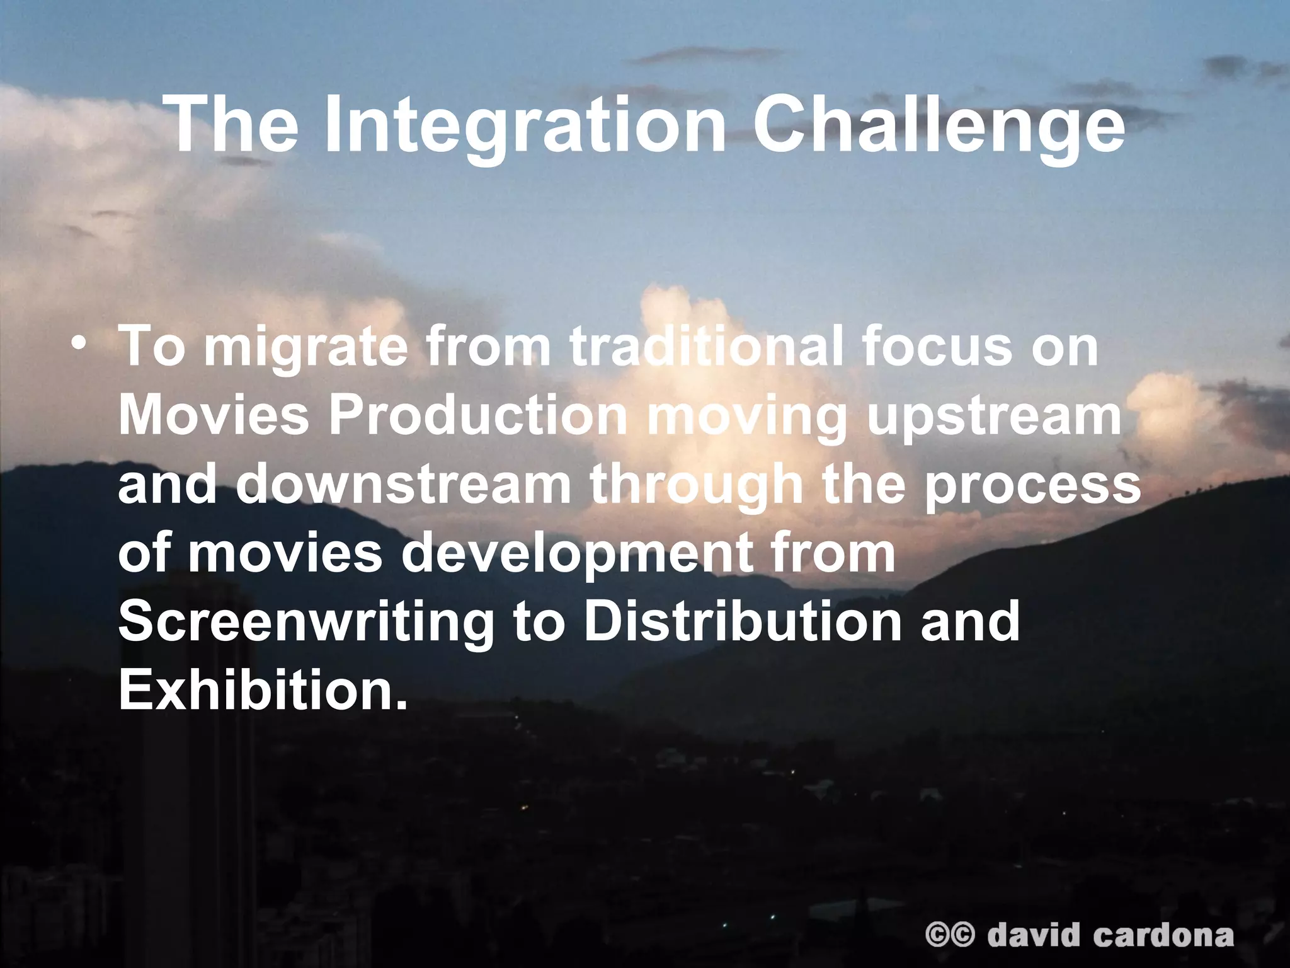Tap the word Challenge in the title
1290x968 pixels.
[x=939, y=124]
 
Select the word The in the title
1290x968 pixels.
[x=234, y=124]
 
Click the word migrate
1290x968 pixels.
[x=305, y=348]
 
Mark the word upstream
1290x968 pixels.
[x=995, y=417]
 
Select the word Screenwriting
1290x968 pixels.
[x=306, y=623]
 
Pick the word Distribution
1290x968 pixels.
[x=743, y=621]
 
